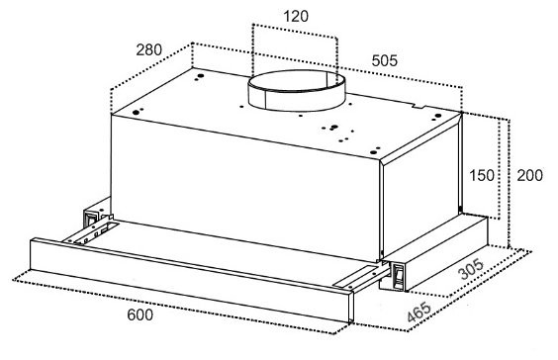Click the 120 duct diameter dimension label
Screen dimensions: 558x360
click(x=296, y=17)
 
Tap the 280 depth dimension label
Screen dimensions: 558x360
click(x=148, y=49)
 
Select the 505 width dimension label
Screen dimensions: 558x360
click(x=384, y=61)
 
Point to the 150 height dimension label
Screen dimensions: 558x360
click(x=482, y=175)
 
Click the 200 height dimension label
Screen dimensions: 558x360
click(x=530, y=175)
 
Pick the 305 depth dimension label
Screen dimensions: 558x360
click(x=471, y=269)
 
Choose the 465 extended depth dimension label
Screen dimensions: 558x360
click(x=419, y=312)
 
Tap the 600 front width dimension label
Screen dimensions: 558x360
click(x=140, y=315)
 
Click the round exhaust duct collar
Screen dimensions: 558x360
click(x=297, y=91)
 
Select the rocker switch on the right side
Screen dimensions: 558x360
click(x=398, y=275)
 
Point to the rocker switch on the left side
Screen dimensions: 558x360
click(x=91, y=218)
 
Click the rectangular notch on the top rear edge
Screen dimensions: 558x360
click(x=418, y=106)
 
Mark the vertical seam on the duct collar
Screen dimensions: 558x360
click(x=265, y=100)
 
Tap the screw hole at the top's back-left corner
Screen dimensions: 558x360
click(x=201, y=76)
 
